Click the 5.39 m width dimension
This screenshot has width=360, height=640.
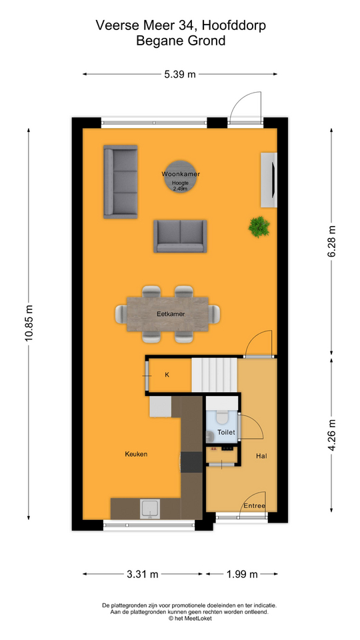(179, 74)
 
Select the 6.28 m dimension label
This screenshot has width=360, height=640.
(331, 241)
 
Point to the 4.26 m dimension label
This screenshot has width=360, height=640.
(331, 435)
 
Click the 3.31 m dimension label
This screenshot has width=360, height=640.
(142, 574)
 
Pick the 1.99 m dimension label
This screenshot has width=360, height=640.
(242, 574)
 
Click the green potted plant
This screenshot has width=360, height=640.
(259, 227)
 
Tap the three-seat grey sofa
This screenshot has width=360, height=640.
(121, 181)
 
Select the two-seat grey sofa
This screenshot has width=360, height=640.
(180, 236)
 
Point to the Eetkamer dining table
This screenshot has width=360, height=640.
(168, 314)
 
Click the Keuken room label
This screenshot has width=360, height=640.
(136, 454)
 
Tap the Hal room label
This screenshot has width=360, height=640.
(261, 456)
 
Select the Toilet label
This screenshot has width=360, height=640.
(227, 432)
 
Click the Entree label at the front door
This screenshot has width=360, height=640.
(254, 506)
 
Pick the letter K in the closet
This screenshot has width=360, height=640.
(167, 375)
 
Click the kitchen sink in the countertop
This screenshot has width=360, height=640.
(151, 509)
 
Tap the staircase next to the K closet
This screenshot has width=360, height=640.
(215, 375)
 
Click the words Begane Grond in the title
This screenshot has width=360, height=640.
(181, 41)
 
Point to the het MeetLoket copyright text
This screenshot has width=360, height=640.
(190, 619)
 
